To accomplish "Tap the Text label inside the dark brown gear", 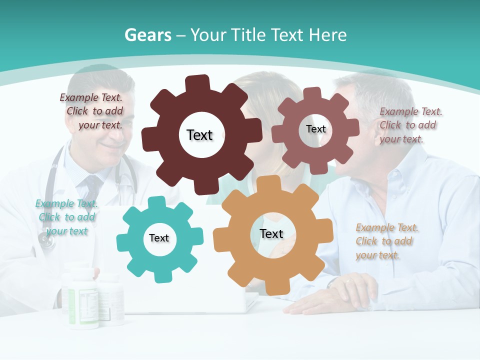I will point(199,135).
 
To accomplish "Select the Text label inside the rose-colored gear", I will point(315,129).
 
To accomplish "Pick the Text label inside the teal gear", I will point(159,238).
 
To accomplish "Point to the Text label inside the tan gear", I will point(271,233).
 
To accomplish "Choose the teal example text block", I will point(66,217).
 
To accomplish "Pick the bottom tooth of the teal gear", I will point(160,276).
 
